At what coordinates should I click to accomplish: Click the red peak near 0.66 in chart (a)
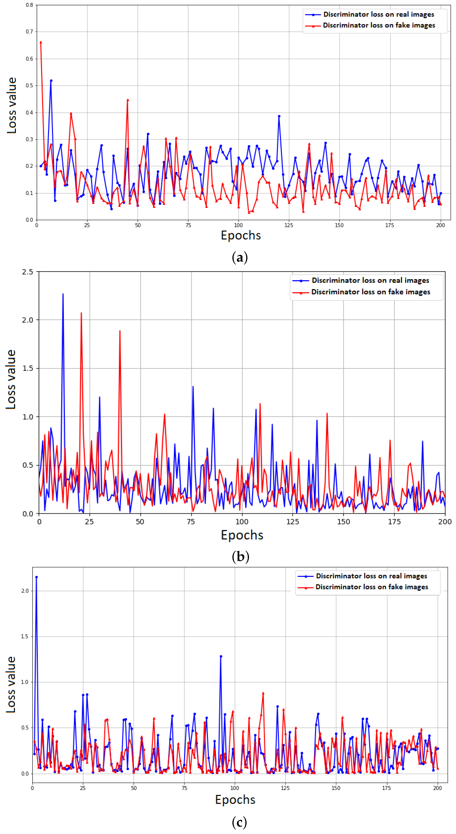[41, 42]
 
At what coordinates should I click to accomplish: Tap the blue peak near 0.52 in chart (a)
[51, 81]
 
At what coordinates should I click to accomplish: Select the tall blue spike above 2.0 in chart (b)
[63, 294]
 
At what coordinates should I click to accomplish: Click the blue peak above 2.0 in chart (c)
[36, 577]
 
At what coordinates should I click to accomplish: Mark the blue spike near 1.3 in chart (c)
[221, 656]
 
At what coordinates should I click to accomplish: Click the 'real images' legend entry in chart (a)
[378, 14]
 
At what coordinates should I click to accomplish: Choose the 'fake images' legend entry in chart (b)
[371, 292]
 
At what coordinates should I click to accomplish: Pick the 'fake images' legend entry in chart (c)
[371, 587]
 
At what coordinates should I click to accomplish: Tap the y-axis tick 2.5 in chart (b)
[28, 272]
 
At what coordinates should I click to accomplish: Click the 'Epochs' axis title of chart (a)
[241, 235]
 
